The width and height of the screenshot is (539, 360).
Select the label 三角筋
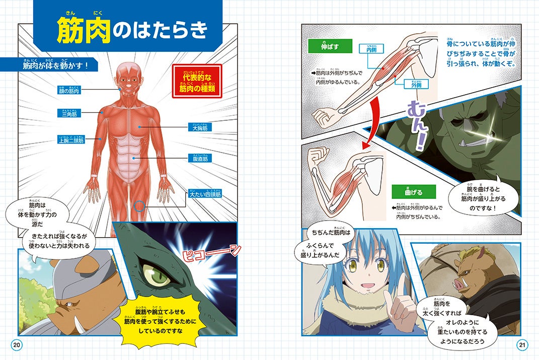[x=69, y=114]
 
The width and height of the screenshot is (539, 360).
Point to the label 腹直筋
[x=200, y=158]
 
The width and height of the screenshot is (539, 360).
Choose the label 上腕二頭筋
[x=71, y=139]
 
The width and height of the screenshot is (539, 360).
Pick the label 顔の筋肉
[x=69, y=91]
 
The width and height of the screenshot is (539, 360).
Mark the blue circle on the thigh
[x=139, y=205]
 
